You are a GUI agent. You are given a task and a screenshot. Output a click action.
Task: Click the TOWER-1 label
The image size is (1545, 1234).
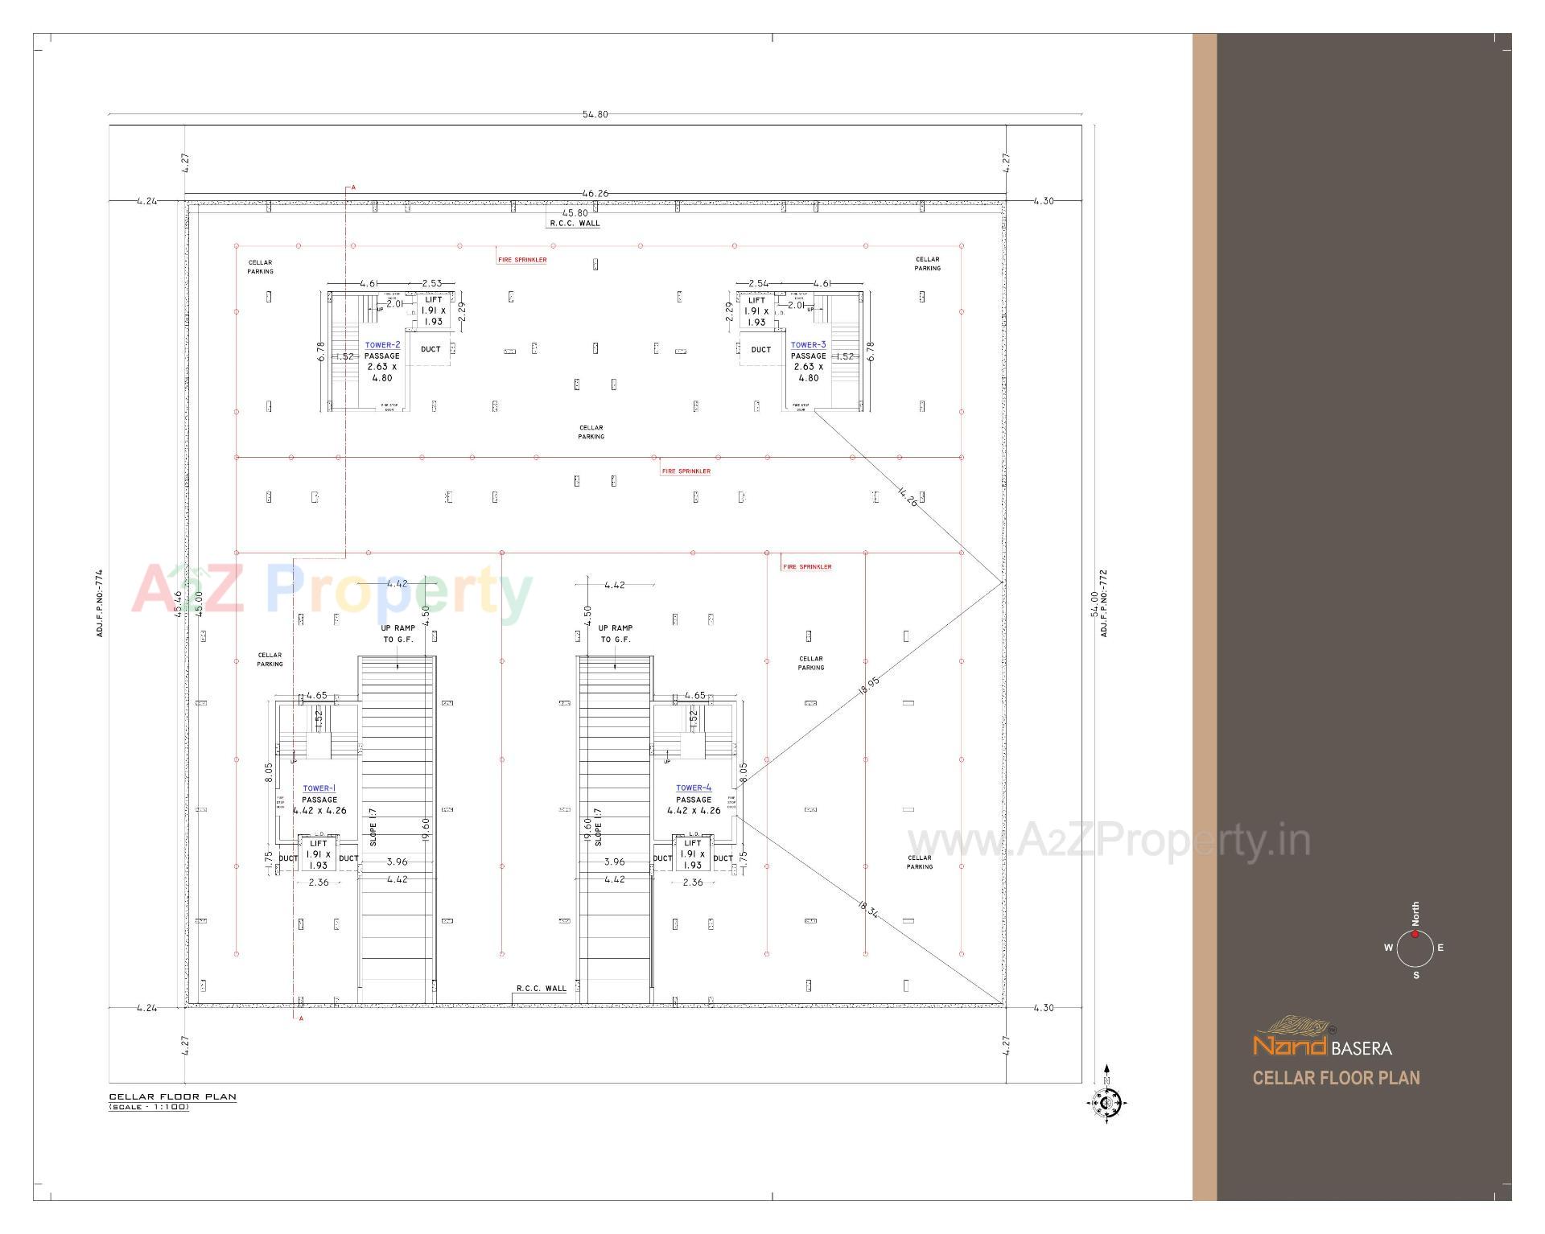click(x=319, y=788)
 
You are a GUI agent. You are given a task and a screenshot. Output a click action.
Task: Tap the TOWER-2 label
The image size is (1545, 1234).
click(x=382, y=345)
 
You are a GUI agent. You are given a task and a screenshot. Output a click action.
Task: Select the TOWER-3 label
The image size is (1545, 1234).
click(x=808, y=345)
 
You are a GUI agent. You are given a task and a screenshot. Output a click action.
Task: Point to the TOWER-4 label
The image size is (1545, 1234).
click(x=694, y=788)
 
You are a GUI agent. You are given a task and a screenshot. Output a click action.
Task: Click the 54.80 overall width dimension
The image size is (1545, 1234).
click(x=595, y=114)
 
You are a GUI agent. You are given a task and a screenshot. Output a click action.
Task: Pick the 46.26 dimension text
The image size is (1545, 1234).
click(x=595, y=194)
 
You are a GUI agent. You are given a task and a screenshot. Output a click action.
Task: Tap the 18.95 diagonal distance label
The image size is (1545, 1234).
click(x=869, y=685)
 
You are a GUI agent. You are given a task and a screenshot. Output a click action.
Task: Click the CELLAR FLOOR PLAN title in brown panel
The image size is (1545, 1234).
click(x=1336, y=1078)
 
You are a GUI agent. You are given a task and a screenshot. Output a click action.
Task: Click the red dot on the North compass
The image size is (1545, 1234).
click(x=1415, y=934)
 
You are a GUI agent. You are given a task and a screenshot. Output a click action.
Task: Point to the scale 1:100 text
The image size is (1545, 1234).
click(x=150, y=1108)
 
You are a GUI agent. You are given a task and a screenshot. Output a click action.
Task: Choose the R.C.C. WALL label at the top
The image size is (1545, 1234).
click(x=575, y=224)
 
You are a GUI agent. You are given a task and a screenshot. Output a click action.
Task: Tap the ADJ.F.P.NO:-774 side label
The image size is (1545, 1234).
click(x=100, y=603)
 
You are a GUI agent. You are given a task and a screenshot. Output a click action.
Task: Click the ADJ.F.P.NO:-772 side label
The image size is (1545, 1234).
click(x=1104, y=603)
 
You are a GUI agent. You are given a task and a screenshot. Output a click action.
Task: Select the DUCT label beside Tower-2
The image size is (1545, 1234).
click(x=431, y=349)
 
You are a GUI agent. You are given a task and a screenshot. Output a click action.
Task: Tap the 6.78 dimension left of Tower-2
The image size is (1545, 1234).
click(x=321, y=352)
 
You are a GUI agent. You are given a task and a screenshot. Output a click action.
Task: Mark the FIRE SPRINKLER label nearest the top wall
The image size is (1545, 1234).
click(x=522, y=260)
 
